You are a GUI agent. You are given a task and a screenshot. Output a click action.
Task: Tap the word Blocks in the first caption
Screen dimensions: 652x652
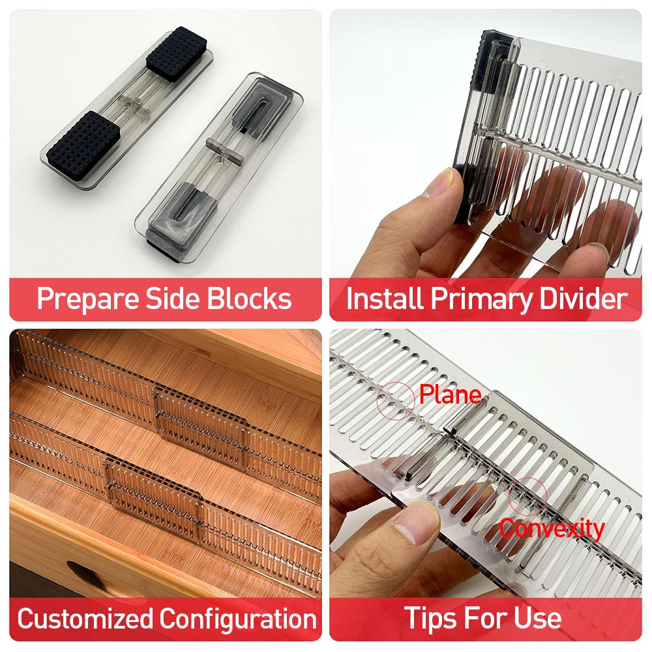(250, 299)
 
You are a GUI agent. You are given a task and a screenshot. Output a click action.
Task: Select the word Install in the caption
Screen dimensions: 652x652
(385, 299)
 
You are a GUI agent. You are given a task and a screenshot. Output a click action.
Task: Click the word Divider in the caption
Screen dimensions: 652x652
(584, 299)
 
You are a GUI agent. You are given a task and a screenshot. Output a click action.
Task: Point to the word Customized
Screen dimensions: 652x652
(85, 618)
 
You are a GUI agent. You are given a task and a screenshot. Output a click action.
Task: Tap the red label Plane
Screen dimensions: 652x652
(451, 394)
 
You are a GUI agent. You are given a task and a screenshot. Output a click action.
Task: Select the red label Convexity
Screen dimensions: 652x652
(552, 529)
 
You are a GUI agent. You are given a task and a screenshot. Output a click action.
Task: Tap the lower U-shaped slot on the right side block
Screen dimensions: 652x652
(191, 206)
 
